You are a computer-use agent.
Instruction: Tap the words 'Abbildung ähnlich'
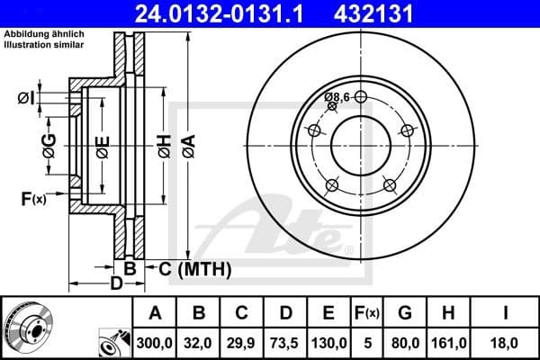[x=43, y=34]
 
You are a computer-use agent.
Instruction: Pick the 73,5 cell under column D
[x=285, y=343]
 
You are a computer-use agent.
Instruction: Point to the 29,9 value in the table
[x=242, y=343]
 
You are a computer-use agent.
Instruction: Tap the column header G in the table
[x=405, y=313]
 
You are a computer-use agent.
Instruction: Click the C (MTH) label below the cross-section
[x=191, y=268]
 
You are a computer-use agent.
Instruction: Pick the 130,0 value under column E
[x=328, y=343]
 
